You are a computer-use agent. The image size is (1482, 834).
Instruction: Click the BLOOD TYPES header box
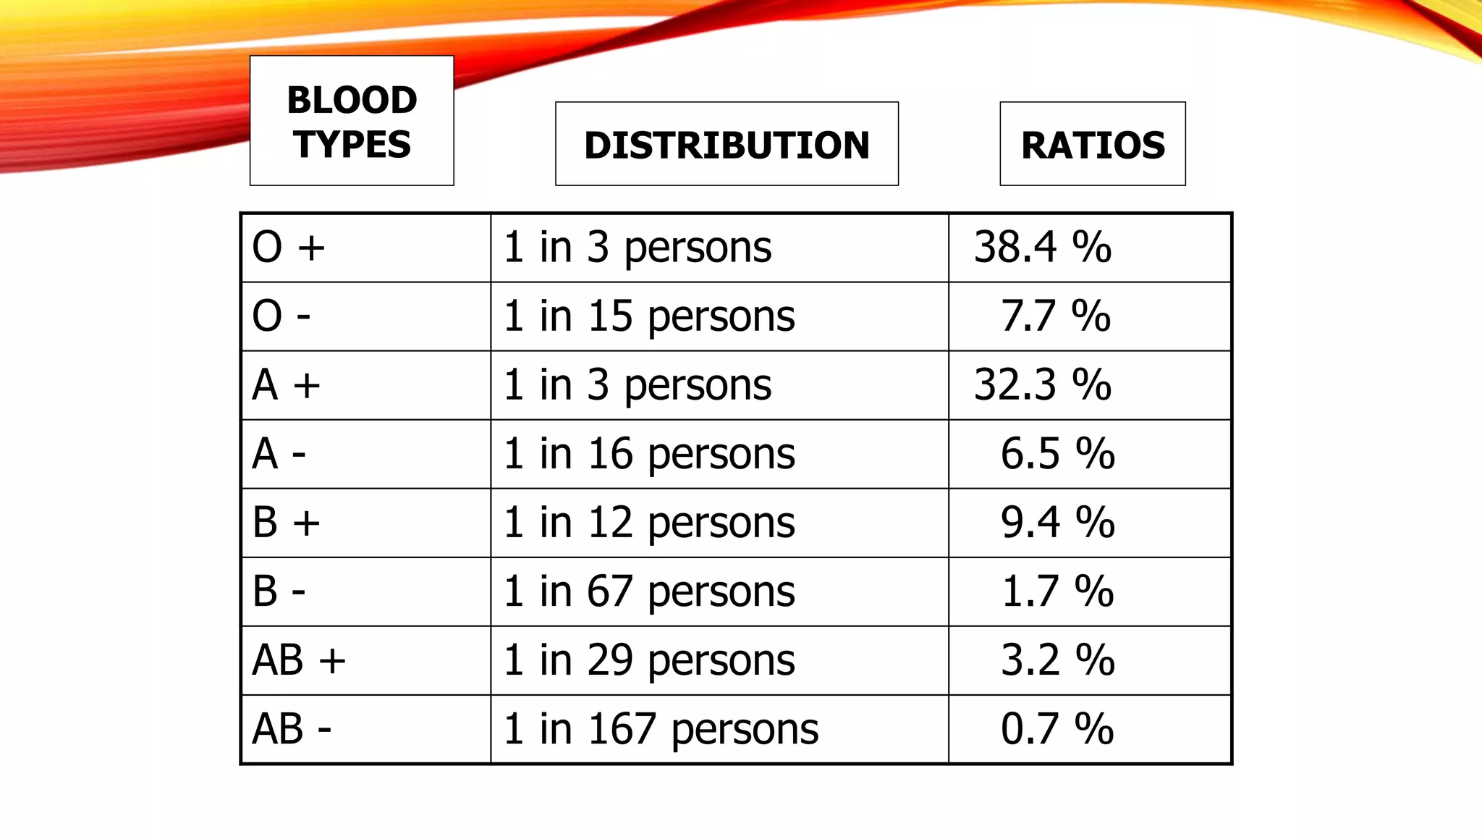pyautogui.click(x=352, y=121)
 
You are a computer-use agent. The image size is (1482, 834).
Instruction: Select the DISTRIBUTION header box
pyautogui.click(x=727, y=144)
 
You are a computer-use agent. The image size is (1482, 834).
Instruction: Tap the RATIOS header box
pyautogui.click(x=1093, y=144)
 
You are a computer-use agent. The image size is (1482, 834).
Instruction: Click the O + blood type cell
pyautogui.click(x=289, y=247)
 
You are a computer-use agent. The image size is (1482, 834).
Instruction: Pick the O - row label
pyautogui.click(x=281, y=316)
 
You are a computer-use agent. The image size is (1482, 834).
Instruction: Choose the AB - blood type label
pyautogui.click(x=292, y=729)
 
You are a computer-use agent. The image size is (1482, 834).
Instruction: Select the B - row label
pyautogui.click(x=279, y=591)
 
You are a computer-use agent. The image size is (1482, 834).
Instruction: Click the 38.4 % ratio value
pyautogui.click(x=1042, y=247)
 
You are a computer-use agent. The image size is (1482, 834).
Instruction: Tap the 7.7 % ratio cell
pyautogui.click(x=1055, y=316)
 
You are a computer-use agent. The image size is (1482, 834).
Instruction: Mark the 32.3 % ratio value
pyautogui.click(x=1042, y=384)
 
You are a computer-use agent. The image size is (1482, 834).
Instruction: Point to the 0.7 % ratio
pyautogui.click(x=1057, y=729)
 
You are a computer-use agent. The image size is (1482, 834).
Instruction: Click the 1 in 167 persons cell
pyautogui.click(x=661, y=729)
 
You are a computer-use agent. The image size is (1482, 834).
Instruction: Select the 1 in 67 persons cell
pyautogui.click(x=649, y=591)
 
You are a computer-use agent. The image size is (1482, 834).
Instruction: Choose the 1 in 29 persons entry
pyautogui.click(x=649, y=660)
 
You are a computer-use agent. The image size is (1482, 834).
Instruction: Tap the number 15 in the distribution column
pyautogui.click(x=610, y=316)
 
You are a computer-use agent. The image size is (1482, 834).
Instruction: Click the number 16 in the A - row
pyautogui.click(x=610, y=454)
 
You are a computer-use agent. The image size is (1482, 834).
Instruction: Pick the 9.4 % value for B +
pyautogui.click(x=1057, y=523)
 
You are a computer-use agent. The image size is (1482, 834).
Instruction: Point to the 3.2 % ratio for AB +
pyautogui.click(x=1057, y=660)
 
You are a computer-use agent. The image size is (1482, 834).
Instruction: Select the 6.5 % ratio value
pyautogui.click(x=1057, y=454)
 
